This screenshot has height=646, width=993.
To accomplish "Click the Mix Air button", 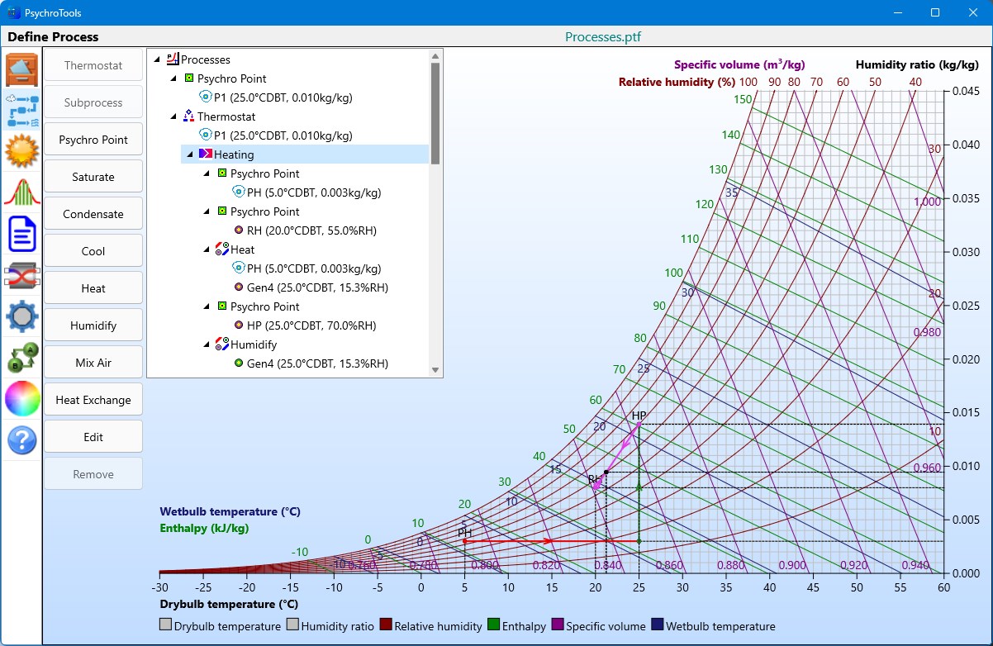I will (x=93, y=363).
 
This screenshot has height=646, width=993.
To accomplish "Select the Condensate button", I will (x=93, y=214).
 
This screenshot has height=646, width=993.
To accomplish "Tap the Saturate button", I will (x=93, y=177).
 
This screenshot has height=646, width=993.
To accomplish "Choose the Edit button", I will (x=93, y=437).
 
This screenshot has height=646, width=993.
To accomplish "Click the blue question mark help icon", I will (x=22, y=440).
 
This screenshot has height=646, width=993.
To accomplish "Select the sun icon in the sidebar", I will (x=22, y=151).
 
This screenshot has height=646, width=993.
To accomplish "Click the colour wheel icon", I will (x=22, y=399).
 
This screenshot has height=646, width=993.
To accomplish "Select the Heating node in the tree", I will (x=234, y=154).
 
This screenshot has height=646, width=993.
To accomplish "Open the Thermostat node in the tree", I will (x=226, y=116).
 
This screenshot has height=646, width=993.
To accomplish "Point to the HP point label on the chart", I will (x=639, y=416).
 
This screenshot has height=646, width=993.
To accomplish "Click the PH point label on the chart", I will (x=465, y=533).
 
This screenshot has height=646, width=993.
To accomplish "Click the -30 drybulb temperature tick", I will (x=159, y=587).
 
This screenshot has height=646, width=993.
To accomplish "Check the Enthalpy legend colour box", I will (x=494, y=625).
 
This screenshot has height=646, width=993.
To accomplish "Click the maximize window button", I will (x=935, y=12).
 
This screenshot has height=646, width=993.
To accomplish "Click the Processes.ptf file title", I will (x=603, y=37).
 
